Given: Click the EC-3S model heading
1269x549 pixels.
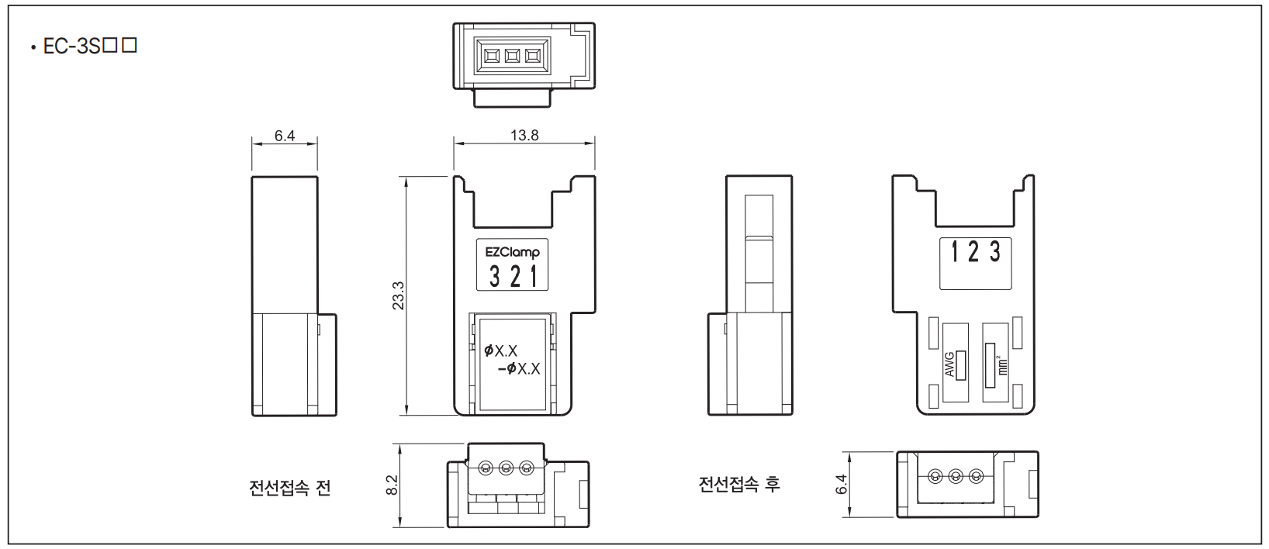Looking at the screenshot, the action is tap(90, 46).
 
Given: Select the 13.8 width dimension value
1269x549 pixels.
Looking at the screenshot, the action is tap(524, 136).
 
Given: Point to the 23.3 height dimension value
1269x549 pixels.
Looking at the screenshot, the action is tap(398, 295).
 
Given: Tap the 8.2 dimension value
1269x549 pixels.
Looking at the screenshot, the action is tap(392, 485).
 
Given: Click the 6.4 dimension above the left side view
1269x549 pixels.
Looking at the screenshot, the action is tap(285, 136).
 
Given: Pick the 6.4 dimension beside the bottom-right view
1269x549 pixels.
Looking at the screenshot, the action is tap(842, 485).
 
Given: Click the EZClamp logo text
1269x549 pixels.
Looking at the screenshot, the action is tap(512, 252).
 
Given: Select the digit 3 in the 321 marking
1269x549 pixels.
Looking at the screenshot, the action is tap(495, 277).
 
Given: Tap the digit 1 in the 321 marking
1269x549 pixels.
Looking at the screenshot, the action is tap(534, 277).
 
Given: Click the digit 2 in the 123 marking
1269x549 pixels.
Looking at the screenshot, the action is tap(973, 251).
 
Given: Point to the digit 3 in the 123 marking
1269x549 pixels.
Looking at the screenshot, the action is tap(995, 251).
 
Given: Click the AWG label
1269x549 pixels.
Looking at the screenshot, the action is tap(949, 364).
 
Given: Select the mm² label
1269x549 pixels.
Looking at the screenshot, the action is tap(1002, 365).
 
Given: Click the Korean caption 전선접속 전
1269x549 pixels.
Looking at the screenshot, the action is tap(289, 488).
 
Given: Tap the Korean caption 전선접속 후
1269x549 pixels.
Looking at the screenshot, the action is tap(739, 484).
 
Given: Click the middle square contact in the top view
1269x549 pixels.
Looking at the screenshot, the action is tap(512, 56).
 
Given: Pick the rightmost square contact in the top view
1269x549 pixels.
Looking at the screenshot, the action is tap(533, 56).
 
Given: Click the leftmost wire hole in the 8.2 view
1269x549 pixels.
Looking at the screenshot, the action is tap(486, 468).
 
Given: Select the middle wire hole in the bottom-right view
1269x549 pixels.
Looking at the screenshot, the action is tap(956, 476).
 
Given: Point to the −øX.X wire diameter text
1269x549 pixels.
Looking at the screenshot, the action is tap(519, 369).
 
